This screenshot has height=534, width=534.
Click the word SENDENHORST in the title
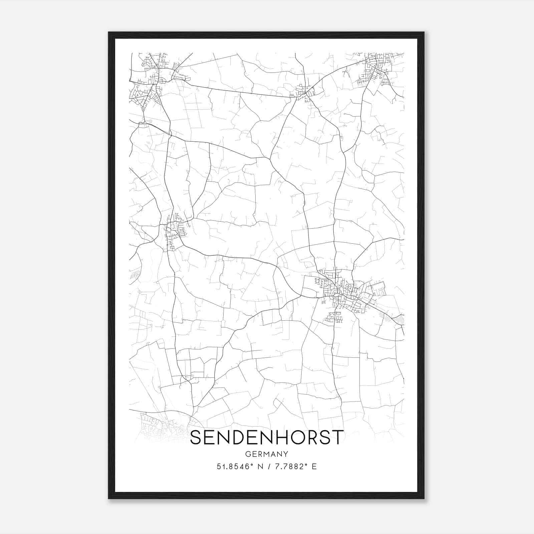[267, 437]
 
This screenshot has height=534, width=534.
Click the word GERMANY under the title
[267, 454]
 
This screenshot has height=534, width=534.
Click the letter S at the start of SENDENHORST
[197, 437]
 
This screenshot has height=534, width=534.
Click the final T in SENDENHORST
[338, 437]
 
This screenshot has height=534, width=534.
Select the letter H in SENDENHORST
[281, 437]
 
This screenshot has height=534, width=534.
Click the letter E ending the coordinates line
[314, 467]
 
